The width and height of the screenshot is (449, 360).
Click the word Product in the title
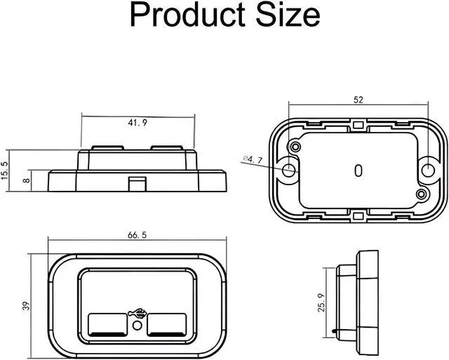[x=187, y=15]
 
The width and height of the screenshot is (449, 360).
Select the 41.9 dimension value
[x=138, y=123]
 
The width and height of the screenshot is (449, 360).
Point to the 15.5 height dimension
[x=6, y=170]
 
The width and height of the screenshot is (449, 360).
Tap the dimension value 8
[x=26, y=180]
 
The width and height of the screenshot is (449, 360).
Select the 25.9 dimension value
[x=321, y=304]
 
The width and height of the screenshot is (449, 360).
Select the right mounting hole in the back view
[x=428, y=169]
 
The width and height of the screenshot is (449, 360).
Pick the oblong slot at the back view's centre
[x=358, y=170]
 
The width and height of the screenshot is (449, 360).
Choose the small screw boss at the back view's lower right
[x=422, y=193]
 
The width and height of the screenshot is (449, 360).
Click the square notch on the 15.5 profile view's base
[x=138, y=184]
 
